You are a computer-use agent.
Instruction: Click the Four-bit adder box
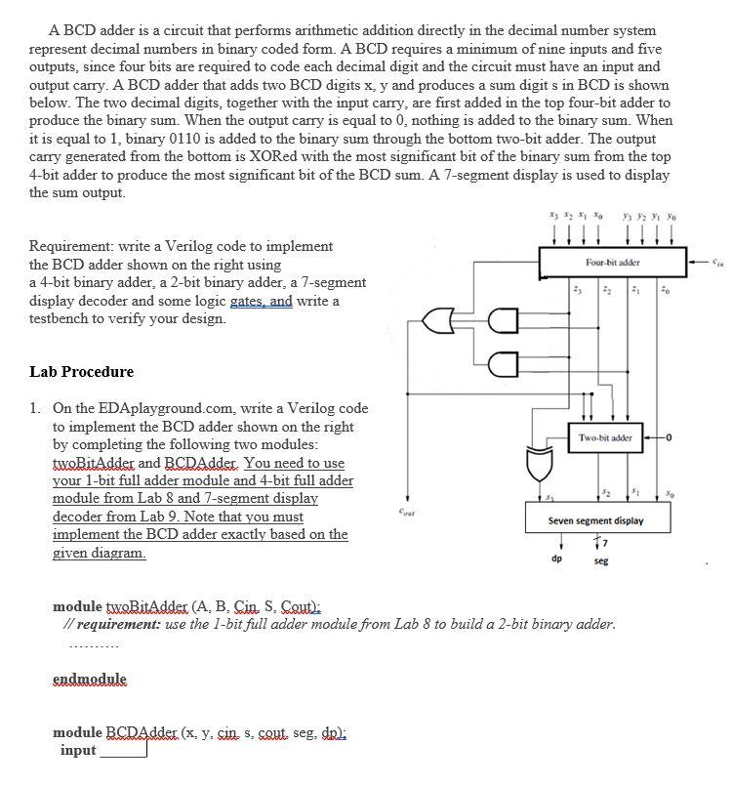click(x=612, y=263)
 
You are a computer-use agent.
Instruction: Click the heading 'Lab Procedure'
click(x=82, y=372)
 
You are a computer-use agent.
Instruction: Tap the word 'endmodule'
click(x=89, y=679)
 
